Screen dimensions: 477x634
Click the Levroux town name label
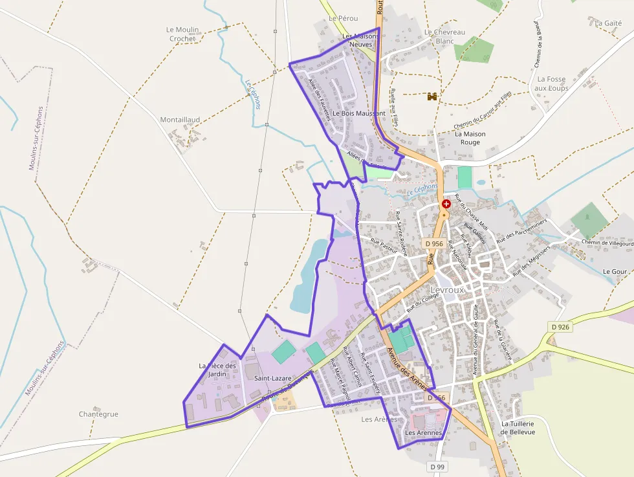click(448, 290)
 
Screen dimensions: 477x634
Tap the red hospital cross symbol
click(446, 204)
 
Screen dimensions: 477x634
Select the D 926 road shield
click(561, 327)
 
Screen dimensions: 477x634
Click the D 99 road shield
click(437, 466)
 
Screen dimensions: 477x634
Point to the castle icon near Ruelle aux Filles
click(432, 96)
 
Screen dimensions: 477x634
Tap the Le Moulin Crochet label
click(182, 34)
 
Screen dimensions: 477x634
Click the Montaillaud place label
click(180, 120)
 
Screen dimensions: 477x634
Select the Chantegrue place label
click(98, 414)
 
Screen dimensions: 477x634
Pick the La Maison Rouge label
click(470, 138)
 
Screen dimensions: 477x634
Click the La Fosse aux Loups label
click(551, 83)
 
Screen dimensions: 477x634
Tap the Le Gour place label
click(615, 271)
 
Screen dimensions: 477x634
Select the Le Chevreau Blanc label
click(444, 36)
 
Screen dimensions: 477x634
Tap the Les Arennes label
click(423, 432)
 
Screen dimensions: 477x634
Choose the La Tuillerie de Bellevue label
click(518, 428)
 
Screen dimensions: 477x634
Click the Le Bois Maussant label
click(359, 113)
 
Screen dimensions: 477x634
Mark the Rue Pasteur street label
click(384, 245)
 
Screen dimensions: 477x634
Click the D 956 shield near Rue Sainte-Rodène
click(435, 244)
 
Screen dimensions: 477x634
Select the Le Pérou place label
click(343, 18)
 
